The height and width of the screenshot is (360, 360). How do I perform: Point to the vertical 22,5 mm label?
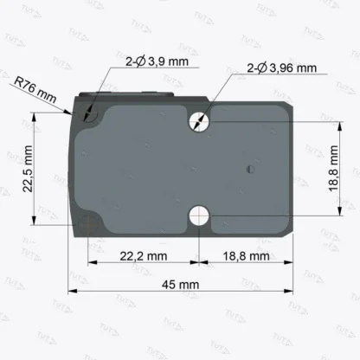click(29, 170)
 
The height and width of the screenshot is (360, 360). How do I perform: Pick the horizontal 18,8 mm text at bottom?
click(246, 258)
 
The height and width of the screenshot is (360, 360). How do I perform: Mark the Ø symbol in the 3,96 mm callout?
click(257, 67)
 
